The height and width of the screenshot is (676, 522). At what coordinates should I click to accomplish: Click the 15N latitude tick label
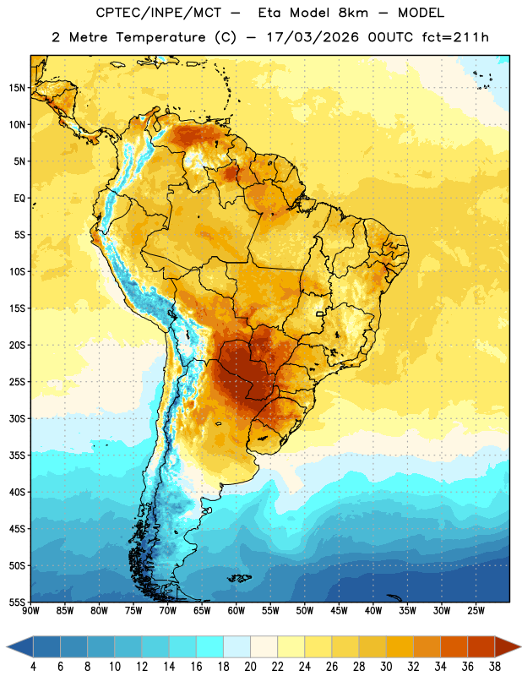17,88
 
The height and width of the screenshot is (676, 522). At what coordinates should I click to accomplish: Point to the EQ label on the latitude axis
19,199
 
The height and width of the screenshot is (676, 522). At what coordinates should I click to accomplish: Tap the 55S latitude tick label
17,602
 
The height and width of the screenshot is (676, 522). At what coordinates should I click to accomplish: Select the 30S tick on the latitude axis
17,418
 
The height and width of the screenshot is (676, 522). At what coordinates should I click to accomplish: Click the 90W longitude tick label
30,611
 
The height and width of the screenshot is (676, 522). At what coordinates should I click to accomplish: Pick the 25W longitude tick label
476,611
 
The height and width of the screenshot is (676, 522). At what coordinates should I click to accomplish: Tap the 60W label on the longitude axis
237,611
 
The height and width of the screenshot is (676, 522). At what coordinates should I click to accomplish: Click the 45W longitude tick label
339,611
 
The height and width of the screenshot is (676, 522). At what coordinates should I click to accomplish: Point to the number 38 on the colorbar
495,667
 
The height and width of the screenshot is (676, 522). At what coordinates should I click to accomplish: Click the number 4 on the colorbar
33,667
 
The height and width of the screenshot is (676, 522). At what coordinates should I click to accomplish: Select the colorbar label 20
250,667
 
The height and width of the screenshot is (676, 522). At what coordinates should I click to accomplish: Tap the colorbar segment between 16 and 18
210,646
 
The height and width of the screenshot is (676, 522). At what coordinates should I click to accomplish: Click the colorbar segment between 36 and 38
481,646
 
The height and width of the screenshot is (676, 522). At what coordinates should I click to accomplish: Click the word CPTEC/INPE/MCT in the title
158,13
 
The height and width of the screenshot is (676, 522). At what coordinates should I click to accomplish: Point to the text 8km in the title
353,13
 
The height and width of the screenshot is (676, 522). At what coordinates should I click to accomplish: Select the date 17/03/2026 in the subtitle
312,37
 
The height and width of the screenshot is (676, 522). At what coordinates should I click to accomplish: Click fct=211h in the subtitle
455,37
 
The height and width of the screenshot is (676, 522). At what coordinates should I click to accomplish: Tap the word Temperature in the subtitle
160,37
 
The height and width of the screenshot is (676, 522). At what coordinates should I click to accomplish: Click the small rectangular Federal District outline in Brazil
320,313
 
